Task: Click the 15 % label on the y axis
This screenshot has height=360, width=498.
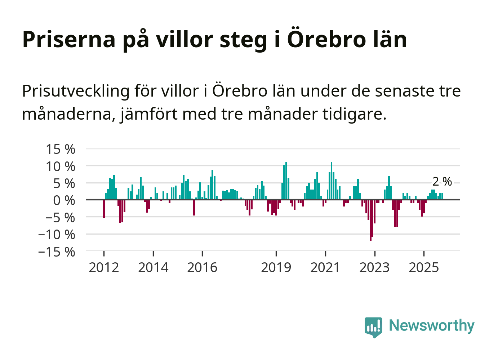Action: (61, 149)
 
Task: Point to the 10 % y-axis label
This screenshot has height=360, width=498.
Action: (61, 166)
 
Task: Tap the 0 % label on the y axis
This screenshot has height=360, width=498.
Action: (64, 200)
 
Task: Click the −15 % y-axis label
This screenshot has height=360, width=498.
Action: (57, 252)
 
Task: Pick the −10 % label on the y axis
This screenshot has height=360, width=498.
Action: (57, 235)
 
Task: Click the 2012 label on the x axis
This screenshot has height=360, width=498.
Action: (104, 268)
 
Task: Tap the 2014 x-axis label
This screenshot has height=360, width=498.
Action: (153, 268)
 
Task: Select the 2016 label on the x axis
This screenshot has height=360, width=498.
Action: (202, 268)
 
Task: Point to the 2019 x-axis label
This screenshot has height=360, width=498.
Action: (276, 268)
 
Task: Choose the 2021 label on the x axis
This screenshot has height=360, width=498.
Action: (325, 268)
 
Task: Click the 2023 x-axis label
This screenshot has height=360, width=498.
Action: (374, 268)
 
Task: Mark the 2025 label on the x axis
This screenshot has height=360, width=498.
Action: (424, 268)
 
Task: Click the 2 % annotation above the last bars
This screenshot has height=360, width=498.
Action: (442, 182)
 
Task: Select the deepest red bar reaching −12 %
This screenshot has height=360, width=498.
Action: (370, 220)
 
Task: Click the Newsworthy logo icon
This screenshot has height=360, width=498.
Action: (373, 327)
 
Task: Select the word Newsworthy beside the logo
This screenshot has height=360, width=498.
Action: (432, 326)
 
